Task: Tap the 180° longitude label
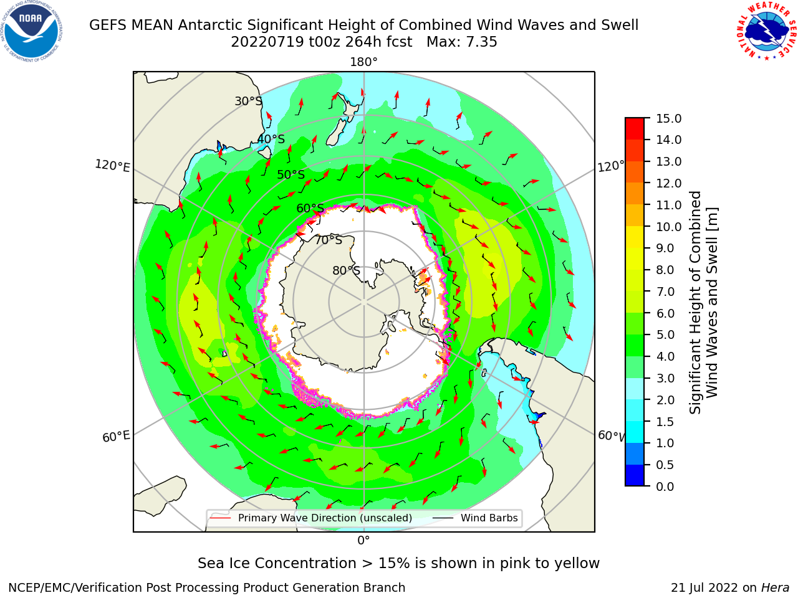click(x=363, y=62)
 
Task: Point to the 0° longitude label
click(x=363, y=541)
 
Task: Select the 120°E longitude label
click(x=112, y=166)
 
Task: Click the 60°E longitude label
click(x=116, y=437)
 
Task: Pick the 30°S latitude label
click(x=248, y=101)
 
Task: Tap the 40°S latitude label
click(x=271, y=139)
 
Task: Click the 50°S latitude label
click(x=291, y=174)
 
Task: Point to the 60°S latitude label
click(x=310, y=209)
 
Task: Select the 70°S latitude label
click(x=329, y=240)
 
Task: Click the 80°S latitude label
click(x=346, y=270)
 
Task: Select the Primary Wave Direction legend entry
click(x=311, y=518)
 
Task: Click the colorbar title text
click(x=703, y=303)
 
